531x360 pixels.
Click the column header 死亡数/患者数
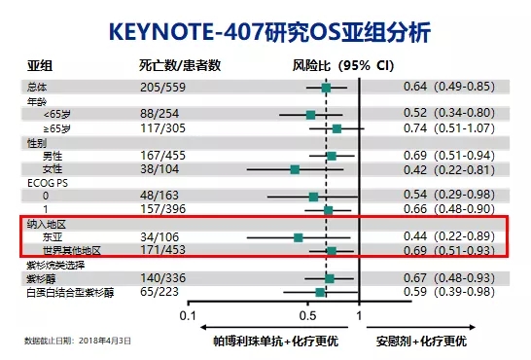pyautogui.click(x=180, y=65)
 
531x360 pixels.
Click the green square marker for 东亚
pyautogui.click(x=299, y=236)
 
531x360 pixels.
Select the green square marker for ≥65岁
pyautogui.click(x=336, y=128)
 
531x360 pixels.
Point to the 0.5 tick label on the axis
pyautogui.click(x=308, y=315)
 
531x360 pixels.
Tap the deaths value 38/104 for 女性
pyautogui.click(x=159, y=169)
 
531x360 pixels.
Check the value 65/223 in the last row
pyautogui.click(x=159, y=291)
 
